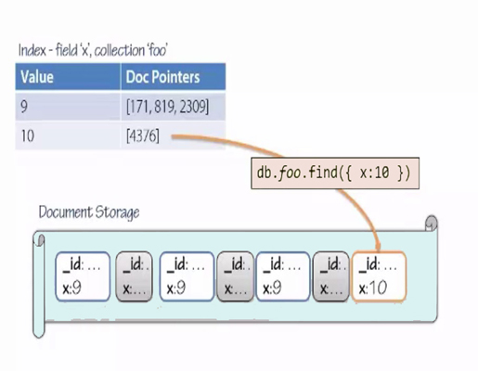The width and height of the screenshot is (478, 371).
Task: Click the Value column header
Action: pos(68,77)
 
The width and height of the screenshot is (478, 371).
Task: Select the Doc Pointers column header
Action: pos(174,77)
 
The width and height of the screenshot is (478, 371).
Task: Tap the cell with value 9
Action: pos(68,107)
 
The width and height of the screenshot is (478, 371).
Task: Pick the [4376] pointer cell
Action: pos(174,135)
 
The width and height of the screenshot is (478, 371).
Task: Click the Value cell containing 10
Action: pos(68,135)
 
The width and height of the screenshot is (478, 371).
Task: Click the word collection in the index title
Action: pos(120,50)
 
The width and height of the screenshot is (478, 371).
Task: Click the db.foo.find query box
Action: pos(335,173)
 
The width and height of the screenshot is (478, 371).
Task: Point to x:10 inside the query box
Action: pos(374,173)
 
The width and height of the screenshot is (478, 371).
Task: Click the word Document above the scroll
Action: pos(66,212)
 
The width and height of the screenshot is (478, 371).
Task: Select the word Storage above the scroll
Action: pos(117,213)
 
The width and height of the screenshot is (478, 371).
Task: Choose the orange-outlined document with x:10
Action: pos(379,276)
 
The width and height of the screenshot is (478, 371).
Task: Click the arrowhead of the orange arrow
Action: pos(378,248)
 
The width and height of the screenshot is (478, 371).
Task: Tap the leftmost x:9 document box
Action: pos(83,276)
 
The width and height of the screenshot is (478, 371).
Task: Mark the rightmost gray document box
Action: pos(331,276)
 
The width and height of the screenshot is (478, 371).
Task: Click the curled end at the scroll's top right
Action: pos(431,224)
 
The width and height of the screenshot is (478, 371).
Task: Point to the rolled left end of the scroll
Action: pos(39,286)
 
